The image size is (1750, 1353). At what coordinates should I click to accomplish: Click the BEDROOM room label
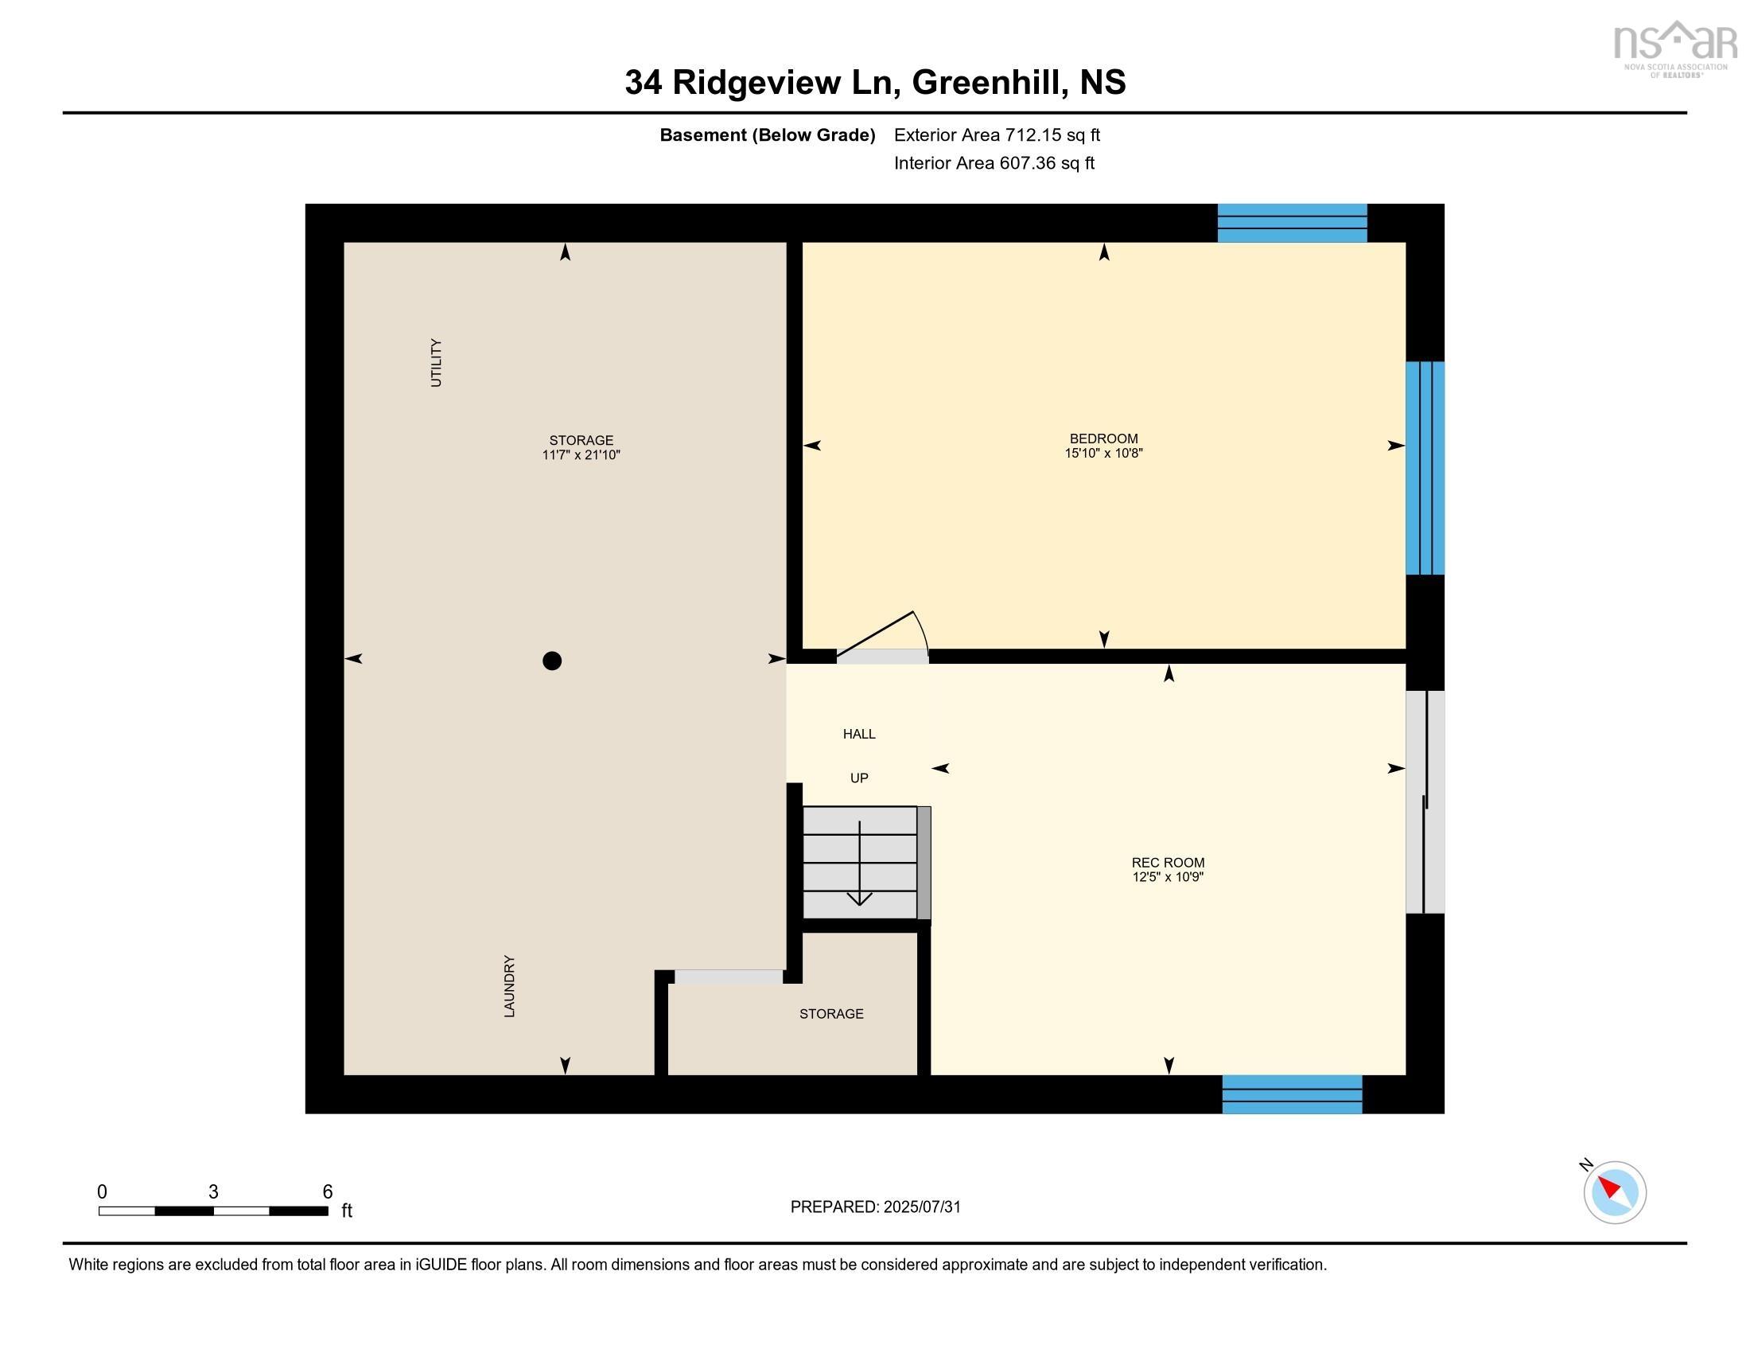(1103, 439)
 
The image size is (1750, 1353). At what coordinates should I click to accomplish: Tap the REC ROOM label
(1168, 863)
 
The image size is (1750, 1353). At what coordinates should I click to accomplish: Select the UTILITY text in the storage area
(436, 362)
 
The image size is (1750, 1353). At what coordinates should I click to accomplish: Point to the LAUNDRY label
(509, 986)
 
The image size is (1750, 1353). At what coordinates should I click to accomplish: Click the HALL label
(859, 734)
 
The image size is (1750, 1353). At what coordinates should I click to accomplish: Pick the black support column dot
(552, 661)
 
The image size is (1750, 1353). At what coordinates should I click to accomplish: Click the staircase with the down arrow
(860, 863)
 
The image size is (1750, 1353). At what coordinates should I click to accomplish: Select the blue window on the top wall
(1292, 223)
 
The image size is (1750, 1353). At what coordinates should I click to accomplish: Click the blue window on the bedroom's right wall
(1425, 468)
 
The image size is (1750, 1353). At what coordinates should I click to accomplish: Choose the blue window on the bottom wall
(1292, 1094)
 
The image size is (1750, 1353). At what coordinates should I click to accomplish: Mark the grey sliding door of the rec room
(1425, 801)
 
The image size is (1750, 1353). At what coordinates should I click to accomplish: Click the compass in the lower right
(1615, 1192)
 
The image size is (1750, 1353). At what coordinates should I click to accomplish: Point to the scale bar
(213, 1211)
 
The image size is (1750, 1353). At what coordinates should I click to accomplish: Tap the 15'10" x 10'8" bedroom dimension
(1103, 454)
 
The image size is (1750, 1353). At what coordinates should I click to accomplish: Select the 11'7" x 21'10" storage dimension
(581, 455)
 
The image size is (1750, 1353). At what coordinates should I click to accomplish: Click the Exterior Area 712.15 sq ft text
(997, 135)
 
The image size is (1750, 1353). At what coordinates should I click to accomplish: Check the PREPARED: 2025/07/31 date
(875, 1207)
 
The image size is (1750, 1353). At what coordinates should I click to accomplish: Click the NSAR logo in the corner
(1674, 48)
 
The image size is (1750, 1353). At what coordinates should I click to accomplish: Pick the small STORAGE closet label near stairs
(831, 1014)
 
